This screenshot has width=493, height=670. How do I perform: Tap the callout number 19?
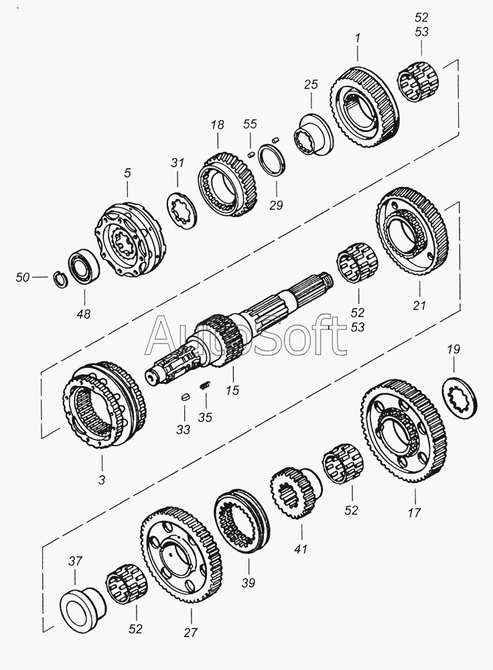pos(453,349)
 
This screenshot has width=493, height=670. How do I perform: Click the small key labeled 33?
pos(186,399)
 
